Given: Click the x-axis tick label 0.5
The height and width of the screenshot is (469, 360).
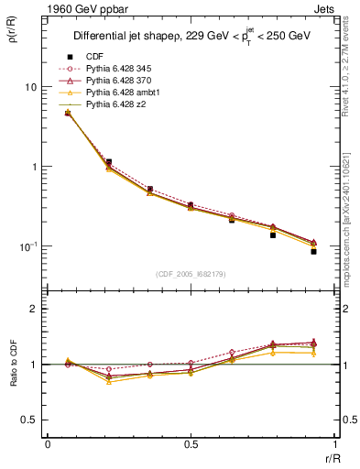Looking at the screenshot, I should pos(191,444).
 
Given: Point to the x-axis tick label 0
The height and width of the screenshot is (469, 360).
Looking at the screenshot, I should pos(48,444).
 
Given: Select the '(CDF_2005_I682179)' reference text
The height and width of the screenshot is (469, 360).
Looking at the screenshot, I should pos(191,274).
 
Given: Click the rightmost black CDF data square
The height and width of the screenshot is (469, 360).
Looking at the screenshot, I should pos(313,251).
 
